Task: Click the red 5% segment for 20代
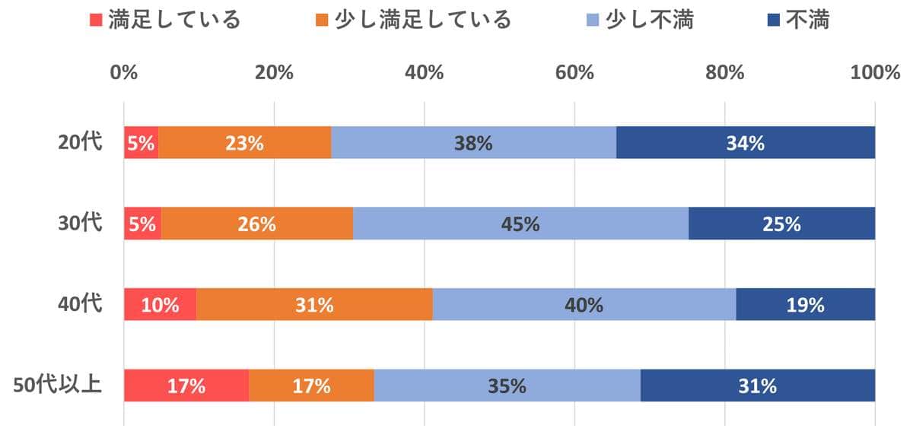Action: (x=142, y=142)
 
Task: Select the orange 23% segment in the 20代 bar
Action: (x=244, y=142)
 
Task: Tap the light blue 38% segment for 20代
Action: (x=473, y=142)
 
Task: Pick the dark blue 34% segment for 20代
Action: (x=746, y=142)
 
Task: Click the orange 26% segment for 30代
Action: (x=256, y=224)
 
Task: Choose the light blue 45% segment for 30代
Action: (x=520, y=224)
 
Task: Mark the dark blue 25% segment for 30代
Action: (x=781, y=224)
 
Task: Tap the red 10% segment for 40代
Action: (x=161, y=304)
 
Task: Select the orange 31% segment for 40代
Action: (x=315, y=304)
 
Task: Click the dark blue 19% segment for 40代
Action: (x=805, y=304)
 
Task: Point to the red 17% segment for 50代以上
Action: (x=186, y=385)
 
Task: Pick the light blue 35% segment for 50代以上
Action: (x=507, y=385)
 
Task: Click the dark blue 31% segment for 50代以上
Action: (x=757, y=385)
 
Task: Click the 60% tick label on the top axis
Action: (x=574, y=73)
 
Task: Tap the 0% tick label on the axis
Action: (x=124, y=73)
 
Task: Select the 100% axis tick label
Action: (x=875, y=73)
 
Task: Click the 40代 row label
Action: (x=80, y=304)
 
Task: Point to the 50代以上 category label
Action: (x=58, y=385)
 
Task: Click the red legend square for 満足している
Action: (x=96, y=20)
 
